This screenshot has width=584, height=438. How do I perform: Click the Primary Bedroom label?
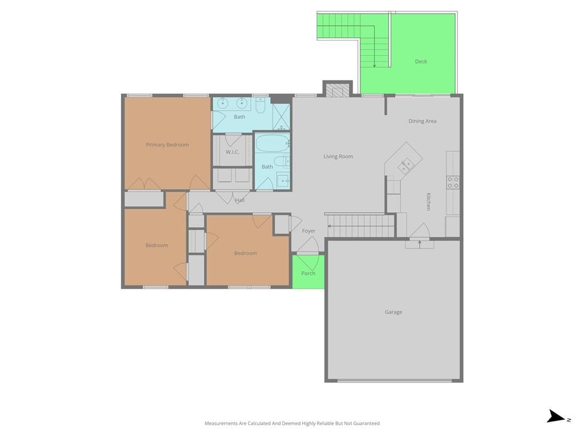click(167, 144)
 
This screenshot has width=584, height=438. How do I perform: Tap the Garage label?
click(394, 312)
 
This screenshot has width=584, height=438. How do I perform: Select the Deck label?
click(421, 62)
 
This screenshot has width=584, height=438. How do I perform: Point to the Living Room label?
click(338, 156)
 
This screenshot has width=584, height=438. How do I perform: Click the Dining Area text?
click(423, 121)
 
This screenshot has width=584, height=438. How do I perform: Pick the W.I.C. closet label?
click(233, 152)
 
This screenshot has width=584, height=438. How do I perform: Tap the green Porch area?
click(308, 271)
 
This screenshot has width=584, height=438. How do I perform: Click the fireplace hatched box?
click(338, 90)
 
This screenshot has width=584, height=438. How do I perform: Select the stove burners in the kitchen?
click(453, 182)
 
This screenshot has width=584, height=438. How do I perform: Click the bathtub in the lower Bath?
click(273, 143)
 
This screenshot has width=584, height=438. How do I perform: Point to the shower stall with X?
click(281, 117)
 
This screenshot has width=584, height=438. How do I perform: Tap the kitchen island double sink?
click(405, 166)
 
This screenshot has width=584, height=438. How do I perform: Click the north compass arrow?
click(556, 416)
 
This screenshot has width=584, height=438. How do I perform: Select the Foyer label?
click(309, 231)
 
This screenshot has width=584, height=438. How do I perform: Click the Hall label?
click(240, 200)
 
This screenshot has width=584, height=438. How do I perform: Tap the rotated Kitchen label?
click(428, 201)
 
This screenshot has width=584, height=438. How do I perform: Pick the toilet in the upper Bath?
click(260, 106)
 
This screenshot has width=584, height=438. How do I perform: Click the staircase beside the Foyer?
click(360, 226)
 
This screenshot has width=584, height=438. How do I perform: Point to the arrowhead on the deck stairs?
click(374, 66)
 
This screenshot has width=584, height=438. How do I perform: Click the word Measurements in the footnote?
click(221, 424)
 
